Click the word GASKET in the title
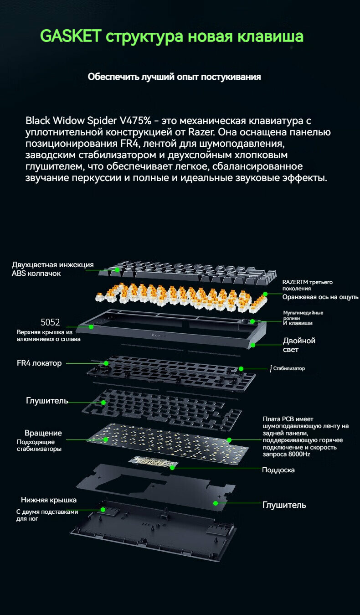(71, 36)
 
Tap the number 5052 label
(50, 322)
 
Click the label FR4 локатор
(39, 363)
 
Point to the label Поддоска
(278, 470)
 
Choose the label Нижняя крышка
(49, 500)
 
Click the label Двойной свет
(299, 345)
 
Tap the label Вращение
(43, 433)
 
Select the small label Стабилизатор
(289, 368)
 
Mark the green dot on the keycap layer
(117, 270)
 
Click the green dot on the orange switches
(265, 294)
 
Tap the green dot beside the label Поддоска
(172, 467)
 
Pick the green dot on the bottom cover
(103, 509)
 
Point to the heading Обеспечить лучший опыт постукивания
(174, 77)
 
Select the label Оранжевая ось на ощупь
(320, 297)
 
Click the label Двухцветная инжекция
(53, 265)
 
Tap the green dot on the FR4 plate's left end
(106, 363)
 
